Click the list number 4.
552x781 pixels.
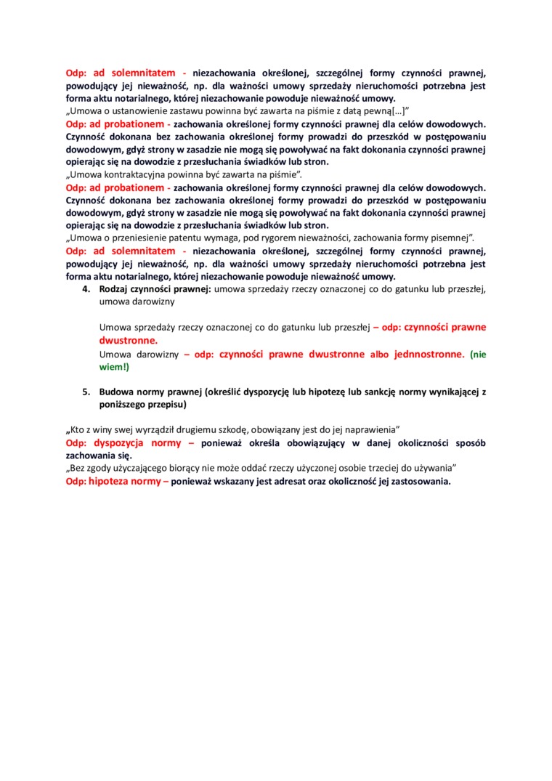[x=84, y=289]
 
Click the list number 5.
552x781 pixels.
[x=84, y=392]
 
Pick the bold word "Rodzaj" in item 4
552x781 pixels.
[x=115, y=289]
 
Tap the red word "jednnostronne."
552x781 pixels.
[x=430, y=355]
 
